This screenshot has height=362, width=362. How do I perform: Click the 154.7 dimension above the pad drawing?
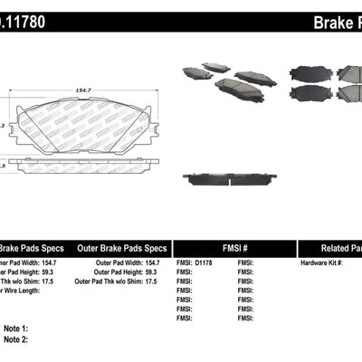tap(84, 79)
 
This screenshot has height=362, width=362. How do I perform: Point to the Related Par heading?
tap(335, 247)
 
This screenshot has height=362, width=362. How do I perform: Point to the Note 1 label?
tap(16, 328)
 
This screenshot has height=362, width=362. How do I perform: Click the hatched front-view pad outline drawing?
tap(84, 122)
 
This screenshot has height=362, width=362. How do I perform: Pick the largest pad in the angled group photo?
tap(234, 89)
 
